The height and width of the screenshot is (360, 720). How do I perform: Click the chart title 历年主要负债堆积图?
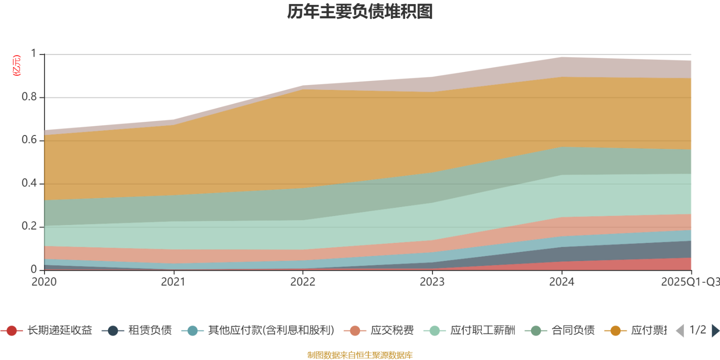point(360,12)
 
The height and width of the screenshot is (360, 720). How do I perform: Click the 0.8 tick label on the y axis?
point(29,97)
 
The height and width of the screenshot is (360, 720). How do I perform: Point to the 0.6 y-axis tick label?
point(29,140)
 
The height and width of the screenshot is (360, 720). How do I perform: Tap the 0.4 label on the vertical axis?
point(29,183)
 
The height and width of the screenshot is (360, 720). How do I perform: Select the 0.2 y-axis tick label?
point(29,226)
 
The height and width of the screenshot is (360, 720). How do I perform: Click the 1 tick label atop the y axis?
point(33,54)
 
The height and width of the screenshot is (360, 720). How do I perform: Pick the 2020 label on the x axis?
point(44,282)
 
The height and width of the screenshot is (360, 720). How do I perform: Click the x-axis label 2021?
point(173,282)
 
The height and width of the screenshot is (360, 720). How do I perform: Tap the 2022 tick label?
point(302,282)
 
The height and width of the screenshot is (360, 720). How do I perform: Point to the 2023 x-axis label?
point(432,282)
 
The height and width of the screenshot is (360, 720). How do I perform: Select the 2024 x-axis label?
point(561,282)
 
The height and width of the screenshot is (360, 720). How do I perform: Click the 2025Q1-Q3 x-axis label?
point(689,282)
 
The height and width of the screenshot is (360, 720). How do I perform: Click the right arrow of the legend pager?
point(715,331)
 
